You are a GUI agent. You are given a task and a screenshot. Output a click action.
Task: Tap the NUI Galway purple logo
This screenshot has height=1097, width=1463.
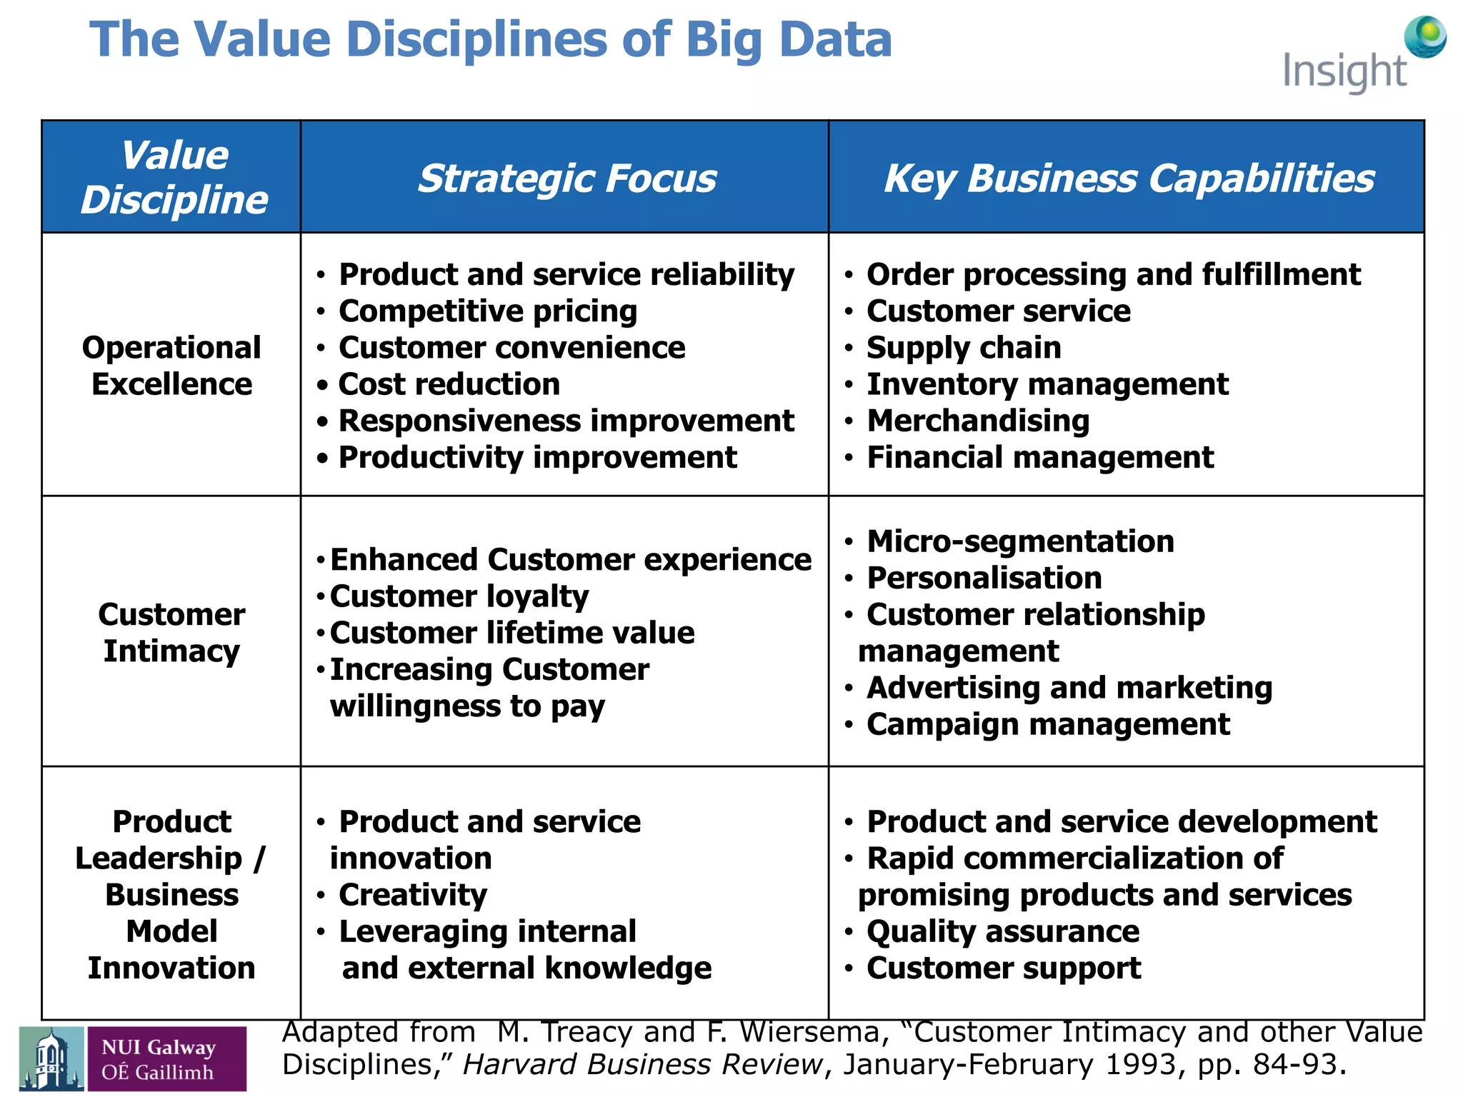[166, 1059]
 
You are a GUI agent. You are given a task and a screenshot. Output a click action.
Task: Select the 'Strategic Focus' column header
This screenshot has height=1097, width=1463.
[566, 178]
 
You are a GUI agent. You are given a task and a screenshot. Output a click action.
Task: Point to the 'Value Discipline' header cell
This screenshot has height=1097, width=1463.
[174, 177]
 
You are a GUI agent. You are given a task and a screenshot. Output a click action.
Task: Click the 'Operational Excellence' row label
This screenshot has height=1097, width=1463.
[171, 366]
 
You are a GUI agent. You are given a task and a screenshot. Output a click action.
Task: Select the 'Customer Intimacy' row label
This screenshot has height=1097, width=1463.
[171, 633]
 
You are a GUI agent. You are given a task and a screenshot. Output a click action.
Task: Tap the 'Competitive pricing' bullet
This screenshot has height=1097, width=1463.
[488, 311]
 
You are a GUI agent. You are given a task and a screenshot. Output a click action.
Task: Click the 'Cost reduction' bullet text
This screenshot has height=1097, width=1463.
[449, 384]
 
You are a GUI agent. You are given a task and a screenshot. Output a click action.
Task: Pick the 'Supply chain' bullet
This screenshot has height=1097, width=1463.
[964, 348]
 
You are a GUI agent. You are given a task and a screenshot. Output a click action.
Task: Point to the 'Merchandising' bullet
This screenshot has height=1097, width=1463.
[978, 421]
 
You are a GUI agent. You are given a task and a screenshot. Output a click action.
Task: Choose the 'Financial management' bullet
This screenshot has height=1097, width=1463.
[1040, 457]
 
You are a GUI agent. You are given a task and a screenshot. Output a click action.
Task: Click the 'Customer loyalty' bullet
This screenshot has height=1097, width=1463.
[459, 596]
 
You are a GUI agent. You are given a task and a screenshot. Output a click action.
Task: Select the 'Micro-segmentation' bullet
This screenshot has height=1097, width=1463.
[1020, 541]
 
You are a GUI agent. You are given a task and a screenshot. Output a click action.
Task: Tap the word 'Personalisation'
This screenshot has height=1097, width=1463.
[984, 578]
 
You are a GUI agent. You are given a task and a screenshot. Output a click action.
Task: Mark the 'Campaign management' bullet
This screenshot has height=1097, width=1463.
[1048, 724]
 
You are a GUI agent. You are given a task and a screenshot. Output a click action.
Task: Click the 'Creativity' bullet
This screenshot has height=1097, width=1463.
[413, 895]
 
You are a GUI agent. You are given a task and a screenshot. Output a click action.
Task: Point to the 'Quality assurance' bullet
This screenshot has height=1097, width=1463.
[1003, 931]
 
